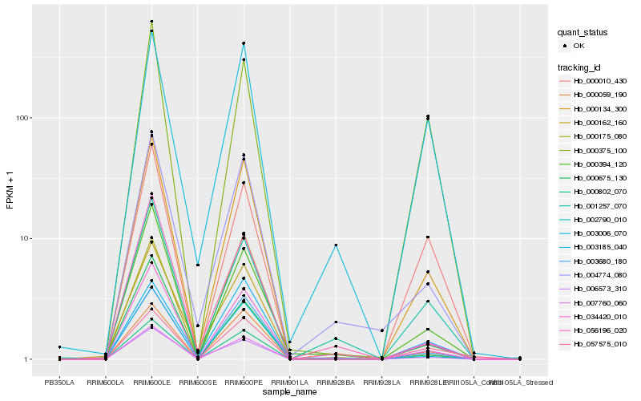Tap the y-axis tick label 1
click(x=27, y=359)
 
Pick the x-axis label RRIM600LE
click(x=151, y=383)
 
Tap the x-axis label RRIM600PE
click(x=244, y=383)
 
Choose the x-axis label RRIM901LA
click(x=289, y=383)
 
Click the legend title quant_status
click(x=584, y=32)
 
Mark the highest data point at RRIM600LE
click(x=151, y=21)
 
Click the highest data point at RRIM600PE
click(x=244, y=43)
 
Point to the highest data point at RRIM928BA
click(x=336, y=245)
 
